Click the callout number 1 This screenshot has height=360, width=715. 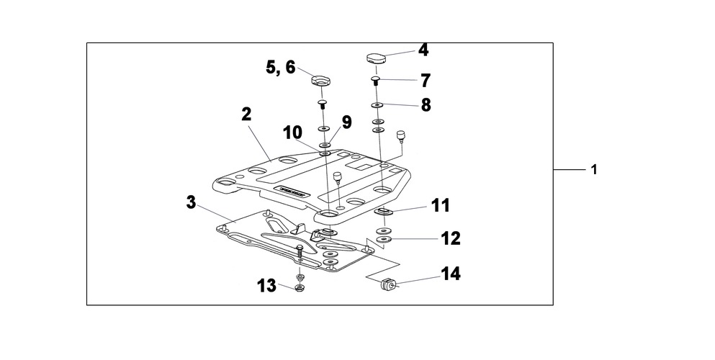594,171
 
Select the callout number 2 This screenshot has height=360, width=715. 246,114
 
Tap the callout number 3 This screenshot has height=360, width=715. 191,202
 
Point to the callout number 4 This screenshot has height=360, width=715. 423,50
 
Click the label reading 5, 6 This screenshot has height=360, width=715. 280,67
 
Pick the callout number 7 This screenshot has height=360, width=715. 425,80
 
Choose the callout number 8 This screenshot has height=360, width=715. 426,105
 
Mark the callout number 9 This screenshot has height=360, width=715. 346,122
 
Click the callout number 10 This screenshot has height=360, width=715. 292,133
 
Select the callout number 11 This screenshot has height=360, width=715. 440,206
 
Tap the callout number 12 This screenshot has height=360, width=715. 451,238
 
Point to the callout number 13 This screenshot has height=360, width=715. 266,286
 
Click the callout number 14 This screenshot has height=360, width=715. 451,274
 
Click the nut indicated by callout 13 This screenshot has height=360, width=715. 300,289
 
